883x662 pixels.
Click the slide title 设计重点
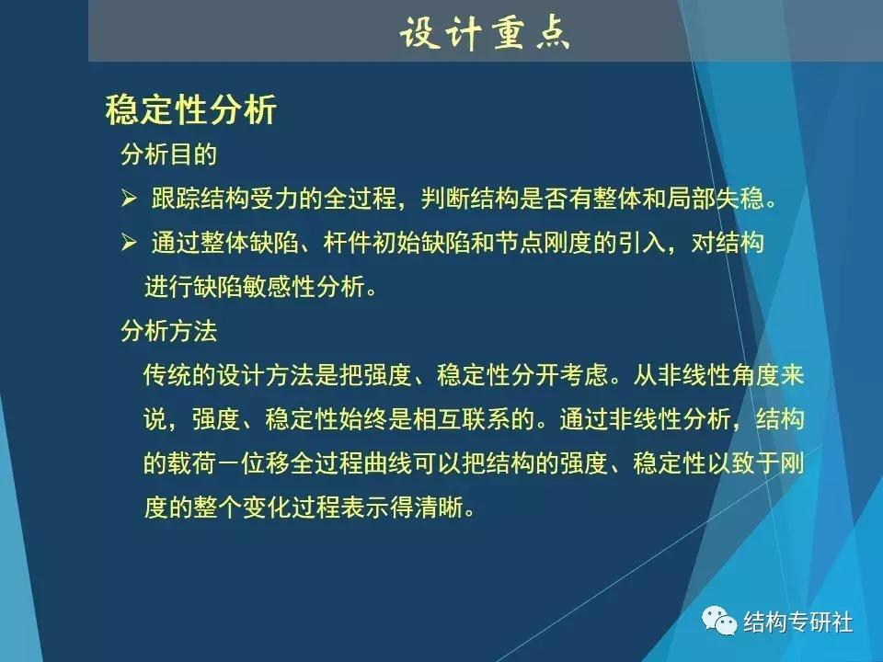[485, 33]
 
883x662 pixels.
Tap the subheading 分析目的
[168, 154]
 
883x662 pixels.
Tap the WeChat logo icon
[721, 623]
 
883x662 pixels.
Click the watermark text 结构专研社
[797, 623]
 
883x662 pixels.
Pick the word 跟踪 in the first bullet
[175, 199]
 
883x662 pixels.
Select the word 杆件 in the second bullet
[343, 243]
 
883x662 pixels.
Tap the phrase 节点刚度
[533, 243]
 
